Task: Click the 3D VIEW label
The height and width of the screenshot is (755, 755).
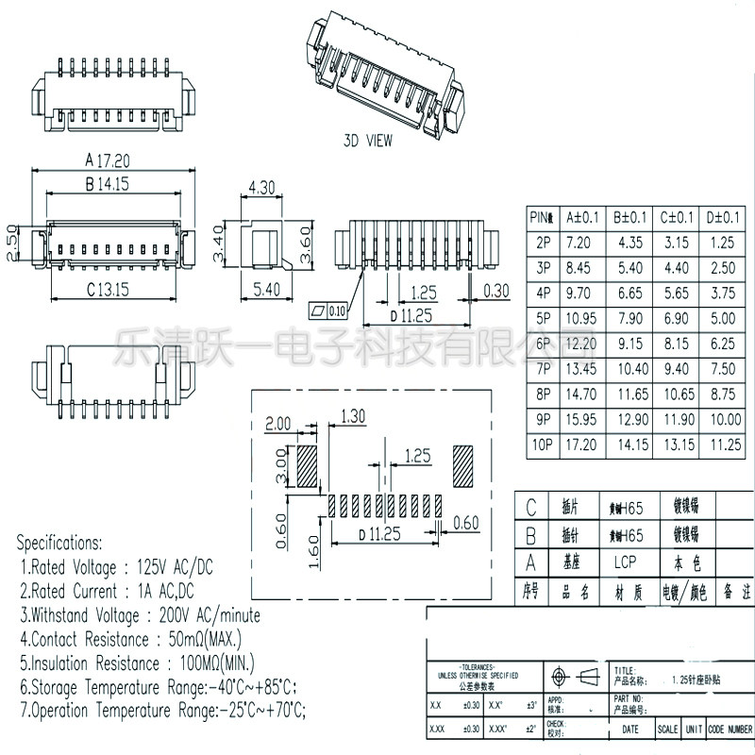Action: point(367,141)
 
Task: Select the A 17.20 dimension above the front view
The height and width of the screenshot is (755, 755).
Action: point(107,160)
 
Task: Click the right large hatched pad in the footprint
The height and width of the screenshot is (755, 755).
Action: point(466,466)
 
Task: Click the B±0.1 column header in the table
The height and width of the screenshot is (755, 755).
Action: point(629,218)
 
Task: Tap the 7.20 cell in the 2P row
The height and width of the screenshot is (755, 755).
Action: point(578,243)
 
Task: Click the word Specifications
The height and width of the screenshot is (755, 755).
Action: point(59,544)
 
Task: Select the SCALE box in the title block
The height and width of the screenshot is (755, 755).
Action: point(667,730)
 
